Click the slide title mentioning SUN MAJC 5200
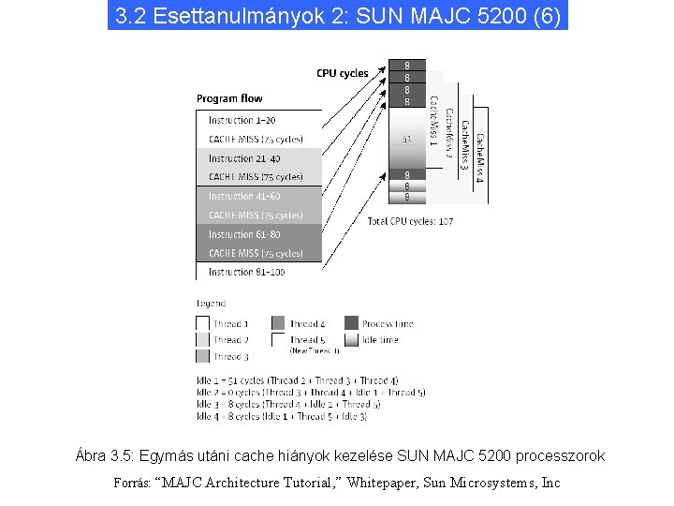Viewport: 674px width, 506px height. pos(337,16)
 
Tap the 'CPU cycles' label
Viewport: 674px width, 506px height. pos(342,73)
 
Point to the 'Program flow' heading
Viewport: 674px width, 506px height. pos(229,98)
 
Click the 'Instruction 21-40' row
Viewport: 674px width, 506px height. pos(244,158)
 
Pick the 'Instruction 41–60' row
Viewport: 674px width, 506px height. pos(244,197)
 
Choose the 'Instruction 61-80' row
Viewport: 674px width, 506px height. pos(244,234)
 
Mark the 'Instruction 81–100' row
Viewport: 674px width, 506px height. pos(244,272)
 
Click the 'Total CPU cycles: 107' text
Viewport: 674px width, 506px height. pos(410,221)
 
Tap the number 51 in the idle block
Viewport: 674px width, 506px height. pos(407,139)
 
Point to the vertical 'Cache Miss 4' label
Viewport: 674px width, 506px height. pos(479,157)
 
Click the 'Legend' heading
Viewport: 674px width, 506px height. pos(211,304)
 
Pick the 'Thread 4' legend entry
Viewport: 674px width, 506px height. pos(307,324)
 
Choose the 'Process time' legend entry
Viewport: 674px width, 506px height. pos(387,324)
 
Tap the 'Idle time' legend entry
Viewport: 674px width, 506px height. pos(380,340)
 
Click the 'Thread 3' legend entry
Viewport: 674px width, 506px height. pos(230,356)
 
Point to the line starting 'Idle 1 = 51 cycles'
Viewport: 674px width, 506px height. pos(297,380)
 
